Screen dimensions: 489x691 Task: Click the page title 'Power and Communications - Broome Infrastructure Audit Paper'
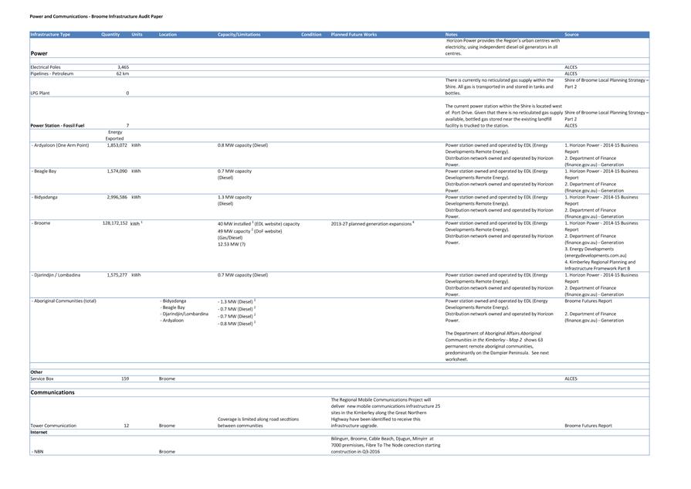tap(96, 16)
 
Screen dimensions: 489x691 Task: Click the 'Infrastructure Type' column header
tap(50, 35)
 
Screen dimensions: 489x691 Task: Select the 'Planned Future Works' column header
tap(354, 35)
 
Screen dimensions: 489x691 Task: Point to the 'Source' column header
tap(571, 35)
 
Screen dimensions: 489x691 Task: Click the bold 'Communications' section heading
tap(53, 392)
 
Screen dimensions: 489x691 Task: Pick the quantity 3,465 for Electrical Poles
tap(123, 67)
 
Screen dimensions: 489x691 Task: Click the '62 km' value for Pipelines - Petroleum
tap(123, 73)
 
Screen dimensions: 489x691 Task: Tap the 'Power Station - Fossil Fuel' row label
tap(57, 125)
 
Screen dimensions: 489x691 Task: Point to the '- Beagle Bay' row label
tap(44, 171)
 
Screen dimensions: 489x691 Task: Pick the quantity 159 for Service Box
tap(124, 379)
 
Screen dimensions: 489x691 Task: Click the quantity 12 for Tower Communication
tap(126, 426)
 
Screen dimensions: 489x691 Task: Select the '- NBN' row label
tap(37, 451)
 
